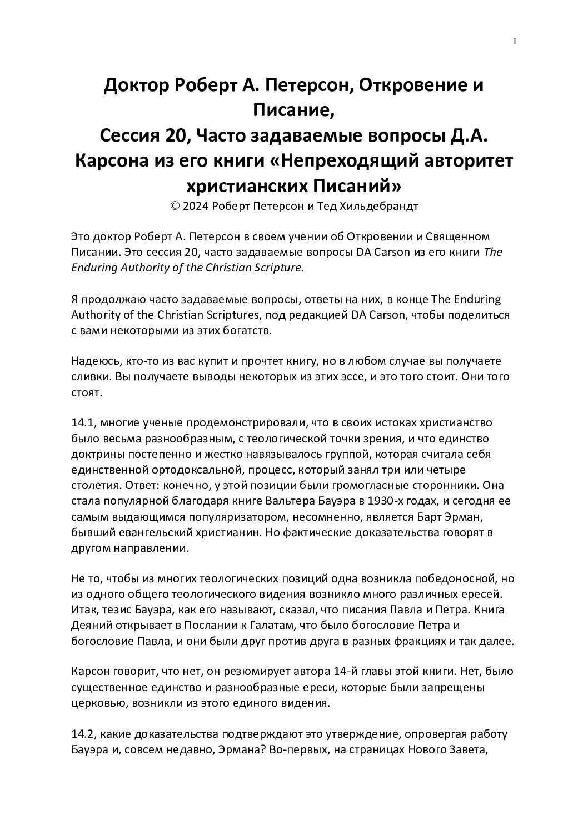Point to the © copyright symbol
point(175,206)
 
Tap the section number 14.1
point(84,422)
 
